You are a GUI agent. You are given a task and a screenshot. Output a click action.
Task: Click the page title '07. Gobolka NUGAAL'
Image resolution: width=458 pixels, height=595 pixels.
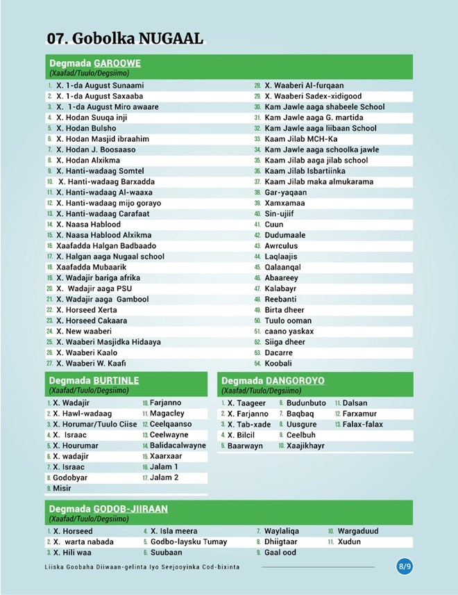tap(125, 38)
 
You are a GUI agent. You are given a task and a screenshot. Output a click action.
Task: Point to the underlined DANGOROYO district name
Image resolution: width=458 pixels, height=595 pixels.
tap(295, 380)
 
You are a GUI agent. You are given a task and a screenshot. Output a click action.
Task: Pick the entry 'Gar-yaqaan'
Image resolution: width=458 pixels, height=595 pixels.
tap(286, 193)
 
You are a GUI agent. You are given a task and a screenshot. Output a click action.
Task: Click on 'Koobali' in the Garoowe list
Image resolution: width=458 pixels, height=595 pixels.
tap(278, 363)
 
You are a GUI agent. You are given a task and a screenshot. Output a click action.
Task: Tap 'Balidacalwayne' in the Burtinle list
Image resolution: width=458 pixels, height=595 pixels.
tap(178, 446)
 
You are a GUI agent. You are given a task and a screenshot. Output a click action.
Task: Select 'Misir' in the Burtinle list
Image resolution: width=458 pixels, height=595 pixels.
tap(62, 489)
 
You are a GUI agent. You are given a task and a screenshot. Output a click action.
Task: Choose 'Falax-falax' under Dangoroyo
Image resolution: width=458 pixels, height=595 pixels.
tap(362, 424)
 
